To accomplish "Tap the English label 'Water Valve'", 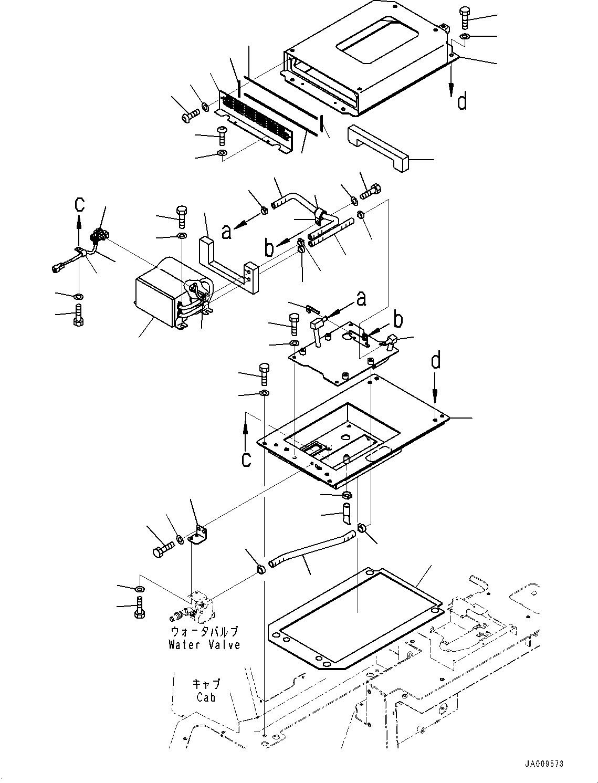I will (x=204, y=644).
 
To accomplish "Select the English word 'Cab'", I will (x=206, y=697).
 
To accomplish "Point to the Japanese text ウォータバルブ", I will (x=204, y=632).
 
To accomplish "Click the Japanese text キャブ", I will (x=206, y=684).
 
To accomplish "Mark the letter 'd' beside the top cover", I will (x=461, y=101).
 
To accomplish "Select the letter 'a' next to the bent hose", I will (x=226, y=232).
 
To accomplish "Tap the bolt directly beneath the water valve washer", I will (x=140, y=608).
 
